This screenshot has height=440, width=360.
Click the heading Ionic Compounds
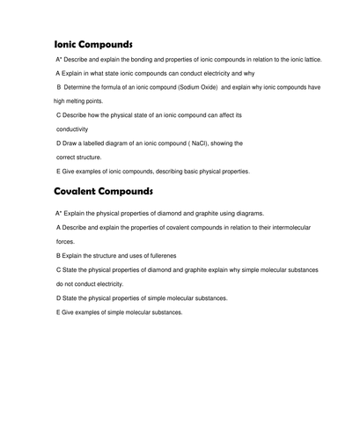[93, 44]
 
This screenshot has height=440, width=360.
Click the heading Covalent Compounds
[104, 191]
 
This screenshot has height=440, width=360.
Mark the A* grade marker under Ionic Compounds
[59, 59]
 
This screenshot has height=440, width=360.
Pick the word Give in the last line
[69, 312]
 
